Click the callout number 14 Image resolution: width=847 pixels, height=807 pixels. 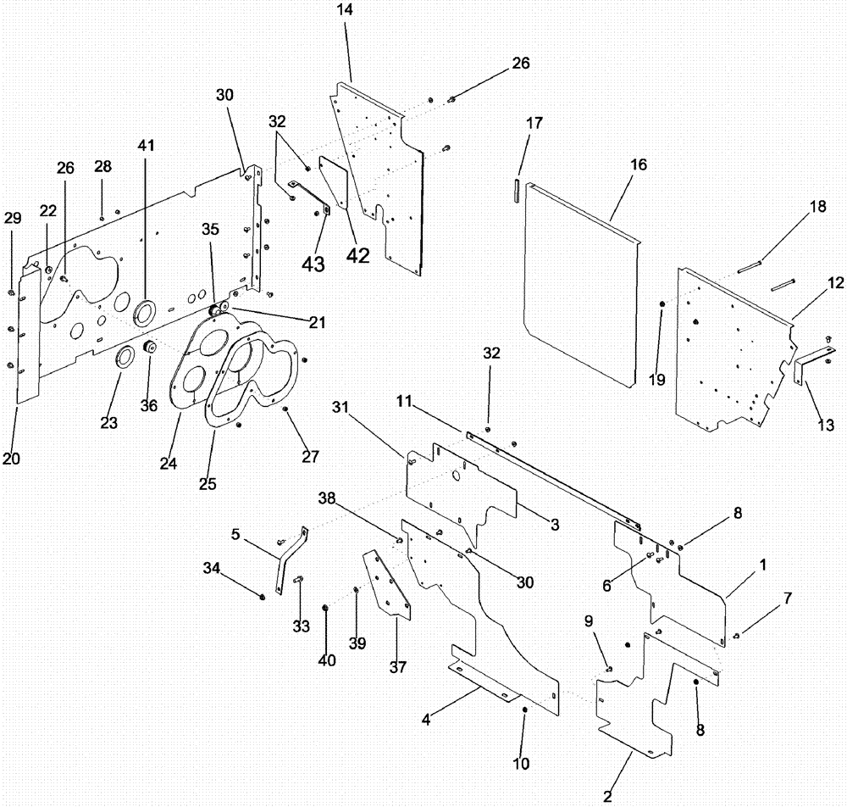pos(346,10)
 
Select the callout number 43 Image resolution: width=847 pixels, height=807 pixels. pos(314,264)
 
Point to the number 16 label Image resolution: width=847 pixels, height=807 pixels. pos(638,164)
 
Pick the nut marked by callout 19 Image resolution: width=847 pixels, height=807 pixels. pos(662,303)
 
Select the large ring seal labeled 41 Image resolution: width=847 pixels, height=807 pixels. pos(147,311)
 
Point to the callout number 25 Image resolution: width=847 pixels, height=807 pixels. pos(208,484)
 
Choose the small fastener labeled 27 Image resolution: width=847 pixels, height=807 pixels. pos(285,409)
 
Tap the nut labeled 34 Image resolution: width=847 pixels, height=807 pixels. pos(262,596)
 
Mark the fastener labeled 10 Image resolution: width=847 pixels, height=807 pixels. pos(524,709)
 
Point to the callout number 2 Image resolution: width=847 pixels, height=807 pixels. pos(606,796)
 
